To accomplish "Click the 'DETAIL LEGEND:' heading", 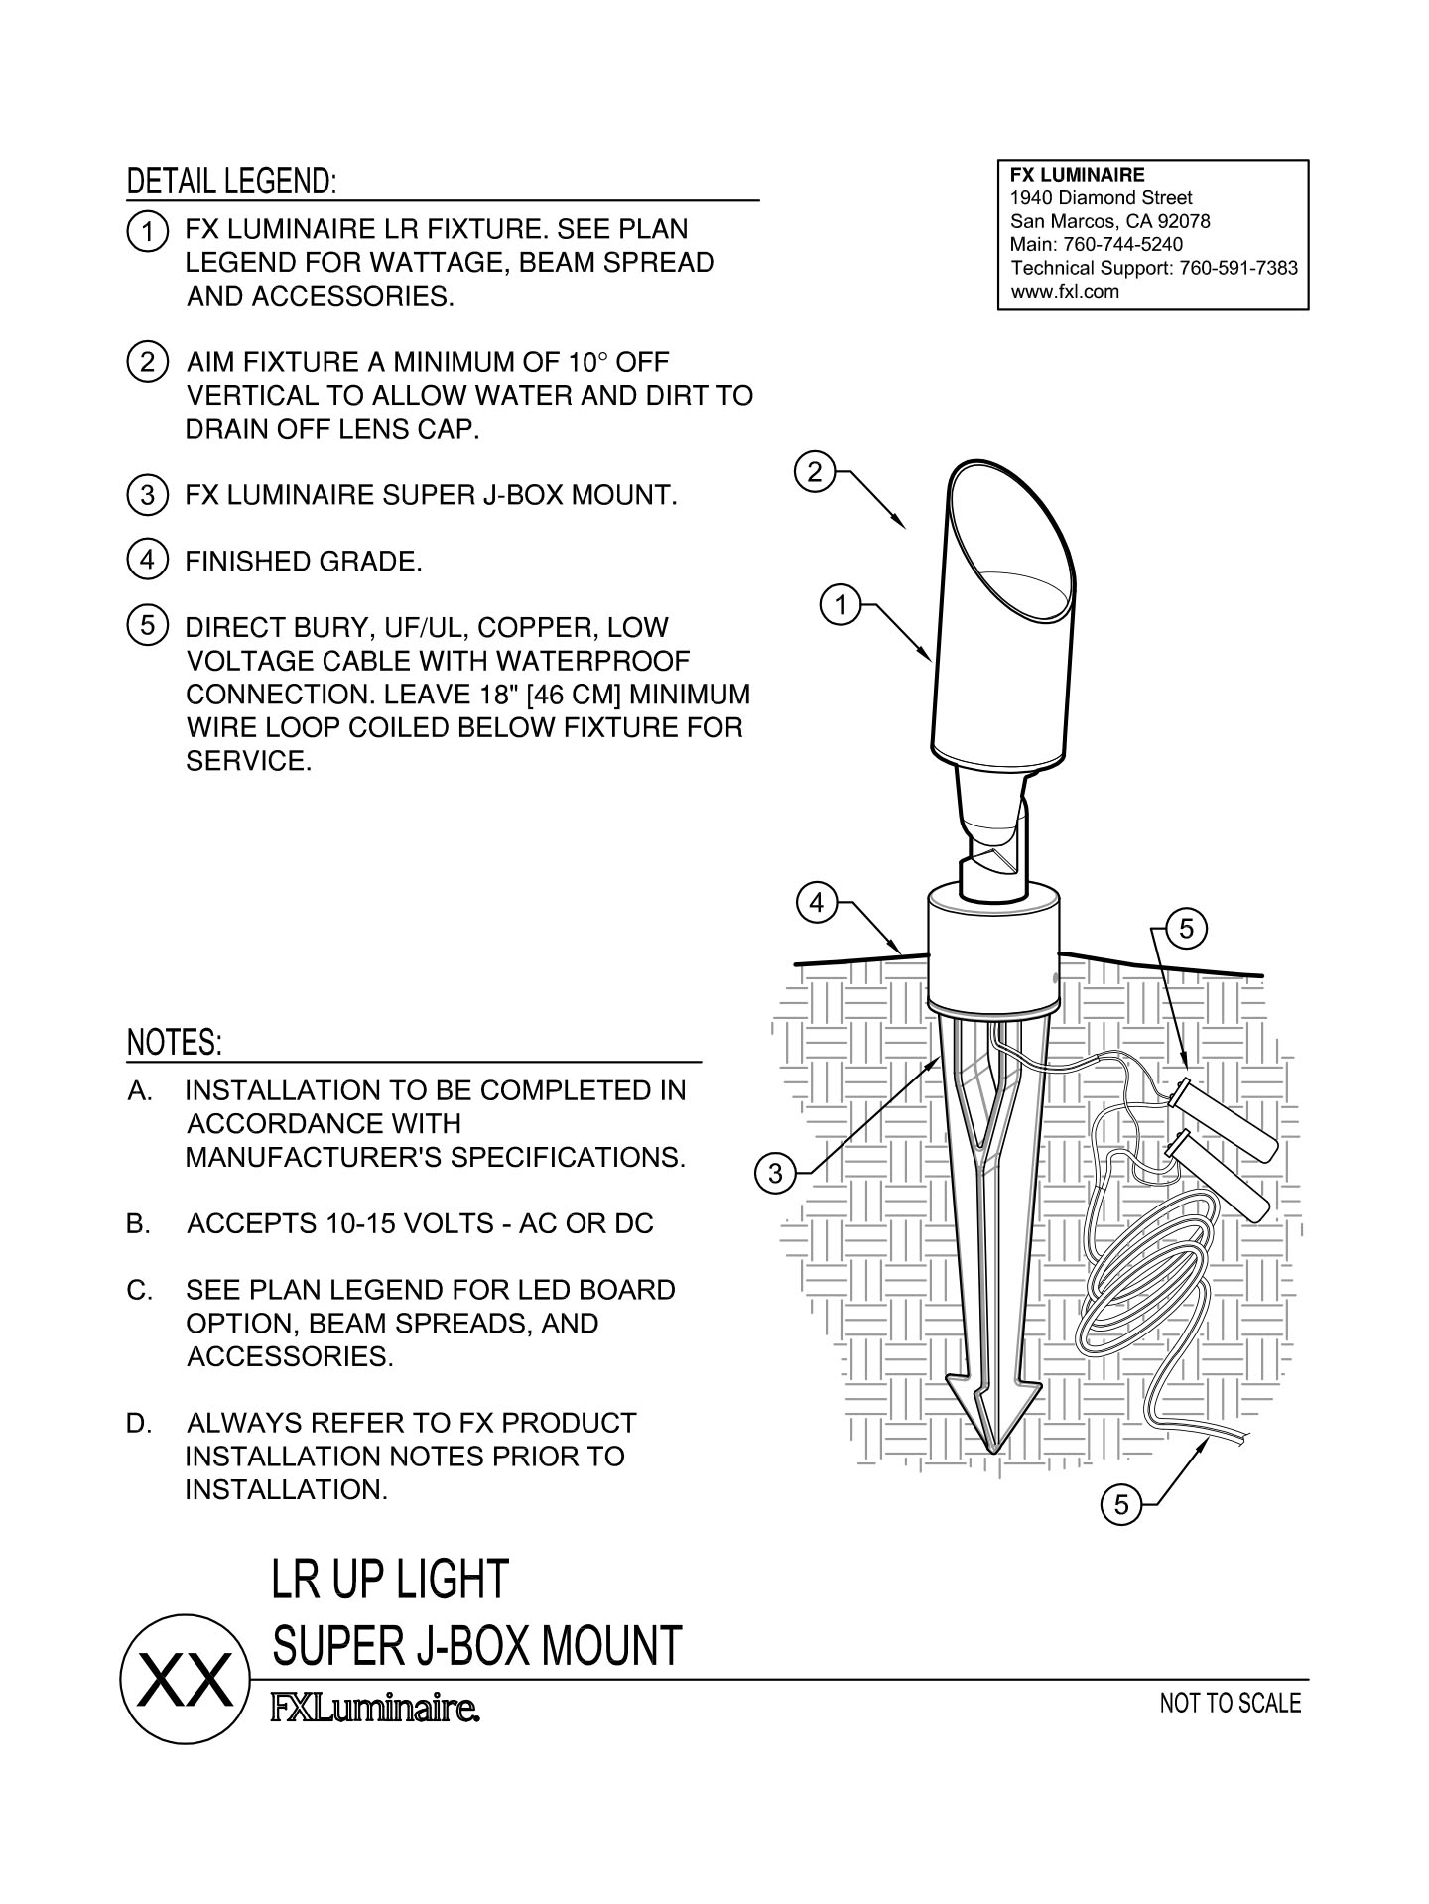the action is tap(231, 182).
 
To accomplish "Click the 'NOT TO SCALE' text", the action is tap(1230, 1703).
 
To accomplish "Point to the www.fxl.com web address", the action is tap(1064, 292).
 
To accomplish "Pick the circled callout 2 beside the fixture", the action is tap(815, 472).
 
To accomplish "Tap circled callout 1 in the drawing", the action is tap(842, 604).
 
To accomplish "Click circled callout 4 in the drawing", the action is tap(816, 903).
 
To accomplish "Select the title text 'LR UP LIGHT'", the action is tap(390, 1579).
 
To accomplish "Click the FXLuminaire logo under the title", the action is tap(376, 1709).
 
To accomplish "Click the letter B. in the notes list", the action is tap(139, 1224).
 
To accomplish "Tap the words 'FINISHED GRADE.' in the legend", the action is tap(304, 562).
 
